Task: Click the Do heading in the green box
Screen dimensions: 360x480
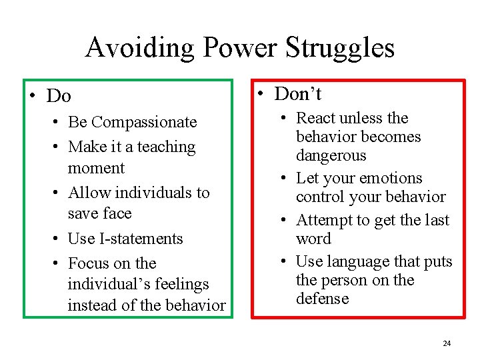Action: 59,97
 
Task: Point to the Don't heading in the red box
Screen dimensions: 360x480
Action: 298,94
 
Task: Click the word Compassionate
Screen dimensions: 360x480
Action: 144,122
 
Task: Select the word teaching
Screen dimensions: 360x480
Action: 163,147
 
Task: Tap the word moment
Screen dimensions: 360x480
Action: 96,168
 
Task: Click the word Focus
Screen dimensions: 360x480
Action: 89,263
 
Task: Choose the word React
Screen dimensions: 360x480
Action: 317,118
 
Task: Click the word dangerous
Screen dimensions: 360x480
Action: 331,155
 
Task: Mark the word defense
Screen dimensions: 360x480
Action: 323,299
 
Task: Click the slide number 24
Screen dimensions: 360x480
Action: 447,343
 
